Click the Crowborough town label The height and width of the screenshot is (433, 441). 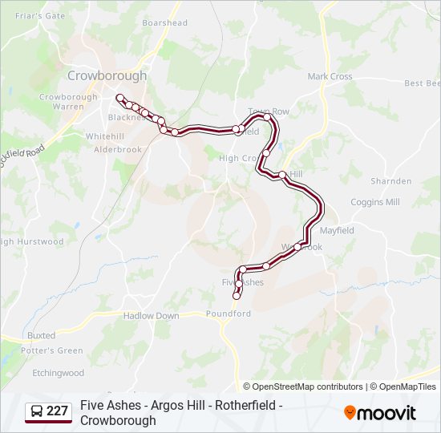pos(107,75)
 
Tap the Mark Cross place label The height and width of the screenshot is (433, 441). pos(330,77)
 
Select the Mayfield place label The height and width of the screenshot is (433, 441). pos(337,230)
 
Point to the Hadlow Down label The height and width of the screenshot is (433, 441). pos(151,316)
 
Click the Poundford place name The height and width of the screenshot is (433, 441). pos(229,314)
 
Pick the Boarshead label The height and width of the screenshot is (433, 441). pos(164,23)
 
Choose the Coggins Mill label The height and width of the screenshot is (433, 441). pos(374,202)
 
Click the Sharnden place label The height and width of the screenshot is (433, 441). pos(391,181)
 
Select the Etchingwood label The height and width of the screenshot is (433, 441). pos(58,373)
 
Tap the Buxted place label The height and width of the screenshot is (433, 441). pos(41,335)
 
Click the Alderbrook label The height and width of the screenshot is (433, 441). pos(118,149)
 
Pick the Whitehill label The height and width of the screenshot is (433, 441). pos(105,136)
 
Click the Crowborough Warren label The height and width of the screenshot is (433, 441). pos(68,102)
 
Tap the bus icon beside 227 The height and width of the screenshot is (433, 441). pos(37,412)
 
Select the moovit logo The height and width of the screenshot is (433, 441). pos(380,413)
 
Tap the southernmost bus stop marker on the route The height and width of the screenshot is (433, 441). pos(237,296)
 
